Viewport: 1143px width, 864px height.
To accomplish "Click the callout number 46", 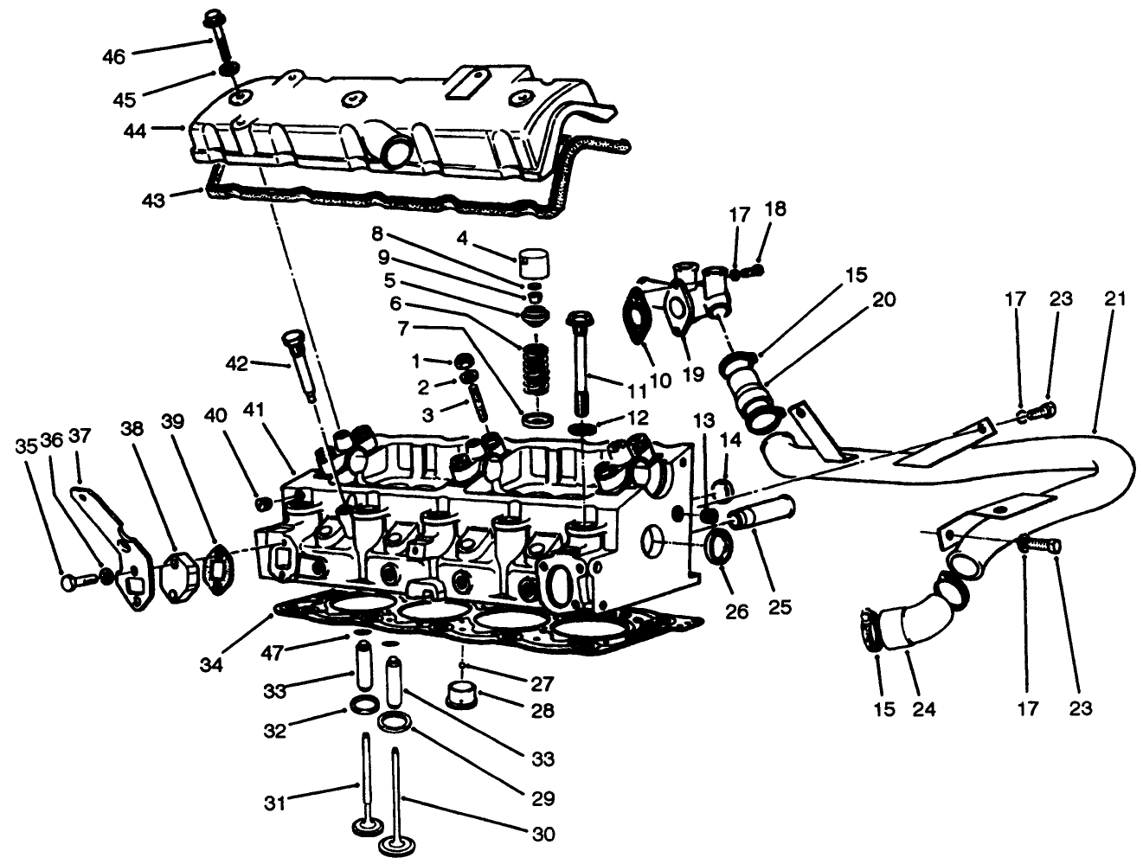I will tap(113, 57).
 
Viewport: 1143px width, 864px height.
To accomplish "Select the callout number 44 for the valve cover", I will tap(135, 131).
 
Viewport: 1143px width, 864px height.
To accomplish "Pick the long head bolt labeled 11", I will tap(579, 363).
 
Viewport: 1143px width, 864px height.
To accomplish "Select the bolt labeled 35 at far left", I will tap(74, 582).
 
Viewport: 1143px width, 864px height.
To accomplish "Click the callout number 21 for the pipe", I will tap(1115, 299).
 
